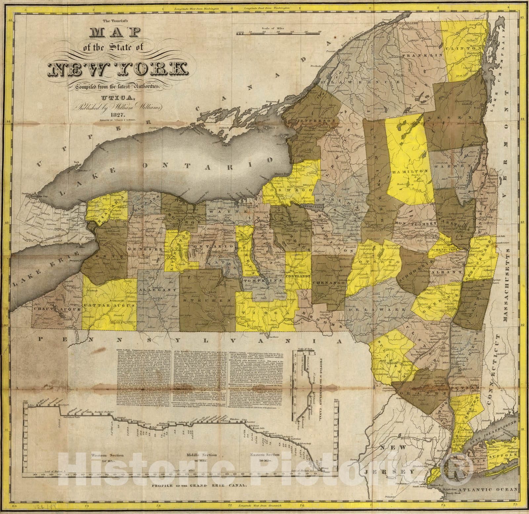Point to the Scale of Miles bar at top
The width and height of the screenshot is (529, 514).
tap(279, 33)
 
